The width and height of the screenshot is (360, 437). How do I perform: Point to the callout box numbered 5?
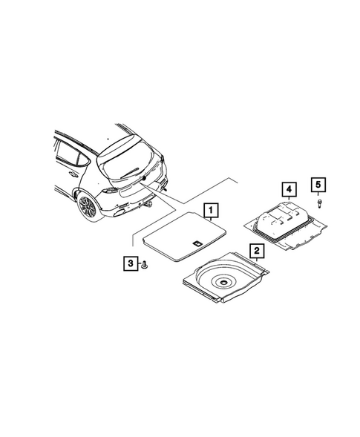click(318, 185)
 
